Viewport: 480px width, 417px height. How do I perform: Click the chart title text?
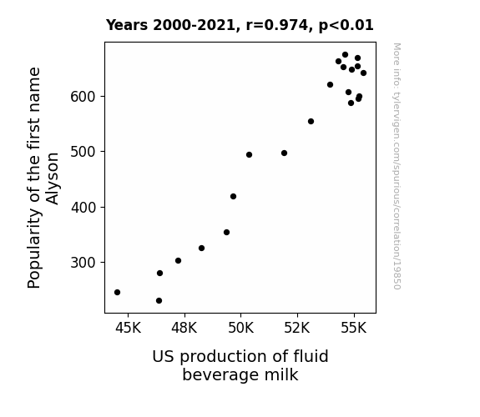click(240, 25)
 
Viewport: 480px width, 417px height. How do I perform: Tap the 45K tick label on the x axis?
click(128, 328)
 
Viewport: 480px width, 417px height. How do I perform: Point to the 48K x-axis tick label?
click(184, 328)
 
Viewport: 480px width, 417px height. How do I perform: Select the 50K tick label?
click(241, 328)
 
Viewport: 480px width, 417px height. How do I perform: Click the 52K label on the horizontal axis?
click(297, 328)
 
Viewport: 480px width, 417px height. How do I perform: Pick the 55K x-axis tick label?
click(354, 328)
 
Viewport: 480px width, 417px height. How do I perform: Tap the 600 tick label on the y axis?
click(83, 97)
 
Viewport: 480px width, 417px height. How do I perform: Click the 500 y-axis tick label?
click(83, 152)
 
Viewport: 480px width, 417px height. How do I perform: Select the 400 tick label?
click(83, 208)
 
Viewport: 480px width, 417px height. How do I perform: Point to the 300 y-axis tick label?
click(83, 263)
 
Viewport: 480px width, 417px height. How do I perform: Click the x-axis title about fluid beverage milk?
click(240, 365)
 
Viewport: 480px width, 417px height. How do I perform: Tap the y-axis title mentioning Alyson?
click(43, 178)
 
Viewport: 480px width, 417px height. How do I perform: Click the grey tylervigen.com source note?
click(397, 166)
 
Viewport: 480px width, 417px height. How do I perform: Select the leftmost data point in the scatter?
click(117, 292)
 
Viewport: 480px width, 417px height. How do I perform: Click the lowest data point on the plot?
click(159, 301)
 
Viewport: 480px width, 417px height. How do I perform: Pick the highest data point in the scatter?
click(345, 55)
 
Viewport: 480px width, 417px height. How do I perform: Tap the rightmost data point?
click(363, 73)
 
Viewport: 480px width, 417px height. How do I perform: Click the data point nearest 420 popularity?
click(233, 197)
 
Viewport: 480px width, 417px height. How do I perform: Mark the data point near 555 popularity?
click(311, 122)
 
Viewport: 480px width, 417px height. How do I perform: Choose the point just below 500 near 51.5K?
click(284, 153)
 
